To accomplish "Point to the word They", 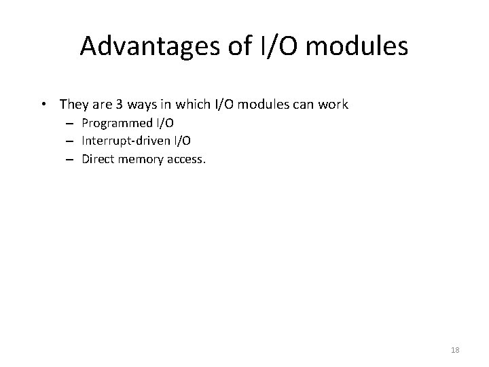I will (x=72, y=105).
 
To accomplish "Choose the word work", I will (x=334, y=105).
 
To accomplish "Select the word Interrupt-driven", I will (x=120, y=141).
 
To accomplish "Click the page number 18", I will (x=455, y=350).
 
